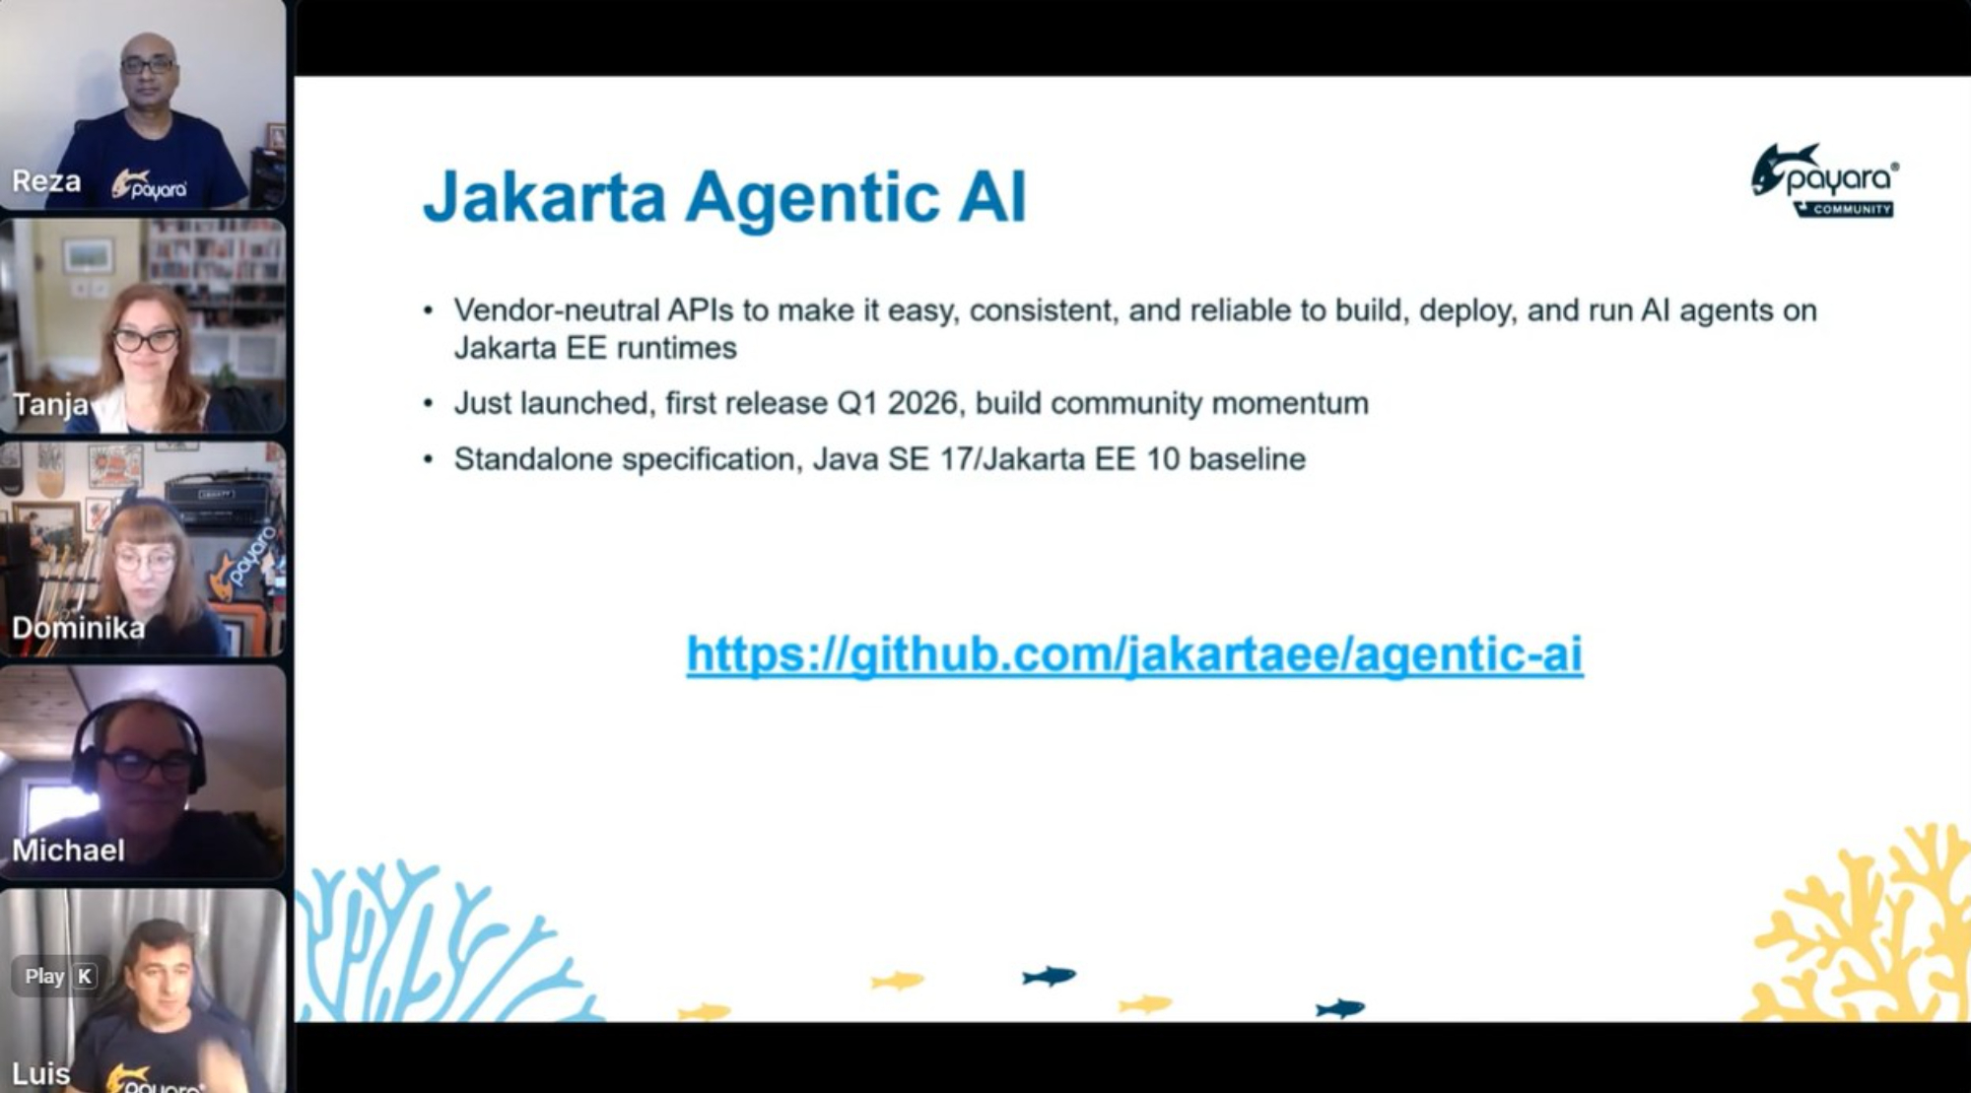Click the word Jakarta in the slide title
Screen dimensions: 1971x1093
545,197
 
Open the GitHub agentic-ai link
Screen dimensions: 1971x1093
1134,654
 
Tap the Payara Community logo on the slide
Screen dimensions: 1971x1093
1825,180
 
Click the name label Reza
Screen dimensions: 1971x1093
46,181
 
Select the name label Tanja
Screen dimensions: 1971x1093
50,405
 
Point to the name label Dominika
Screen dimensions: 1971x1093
78,628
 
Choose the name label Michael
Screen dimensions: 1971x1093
68,851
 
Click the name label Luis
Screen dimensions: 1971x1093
40,1073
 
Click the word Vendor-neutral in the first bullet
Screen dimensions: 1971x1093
557,310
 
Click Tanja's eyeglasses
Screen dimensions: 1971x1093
145,341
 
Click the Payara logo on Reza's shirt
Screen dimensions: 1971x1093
149,185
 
